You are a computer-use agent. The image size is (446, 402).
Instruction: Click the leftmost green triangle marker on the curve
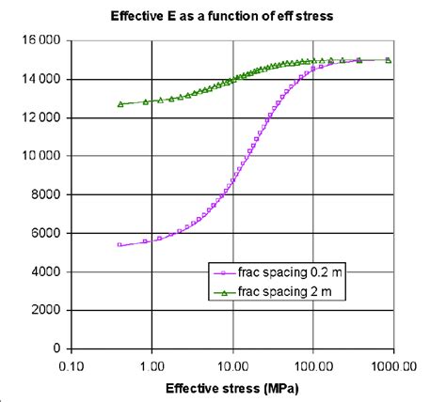pyautogui.click(x=120, y=104)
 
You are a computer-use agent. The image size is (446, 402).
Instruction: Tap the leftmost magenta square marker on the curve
pyautogui.click(x=119, y=244)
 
